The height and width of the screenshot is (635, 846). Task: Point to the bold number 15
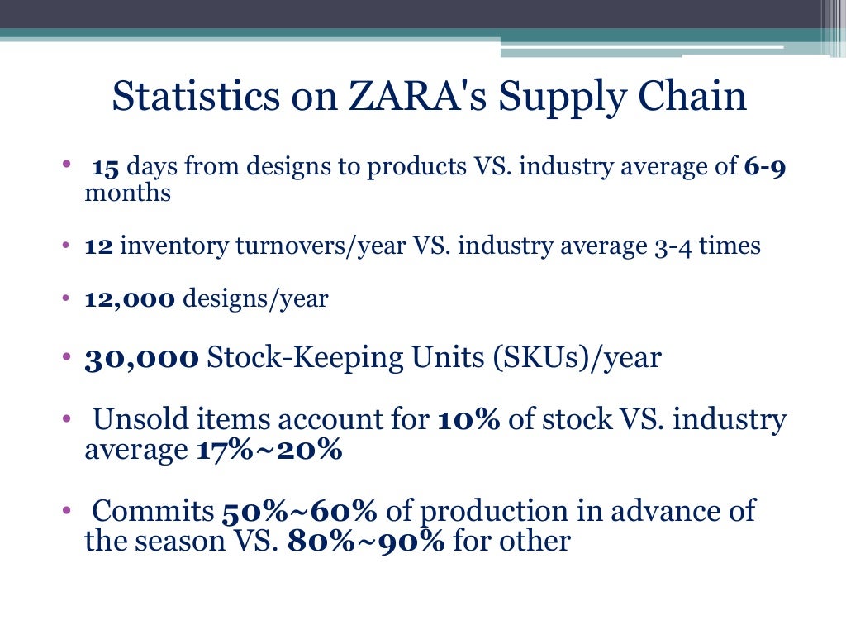[x=107, y=168]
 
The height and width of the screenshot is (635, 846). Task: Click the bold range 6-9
[x=764, y=168]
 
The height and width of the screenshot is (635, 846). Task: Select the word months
[x=127, y=193]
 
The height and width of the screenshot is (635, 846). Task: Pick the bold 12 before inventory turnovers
[x=99, y=246]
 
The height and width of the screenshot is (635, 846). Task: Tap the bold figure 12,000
[x=130, y=299]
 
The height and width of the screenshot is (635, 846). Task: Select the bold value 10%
[x=468, y=420]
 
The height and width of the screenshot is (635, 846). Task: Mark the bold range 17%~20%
[x=269, y=451]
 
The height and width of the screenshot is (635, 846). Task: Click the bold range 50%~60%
[x=299, y=511]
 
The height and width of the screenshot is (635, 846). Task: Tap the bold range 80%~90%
[x=367, y=542]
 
